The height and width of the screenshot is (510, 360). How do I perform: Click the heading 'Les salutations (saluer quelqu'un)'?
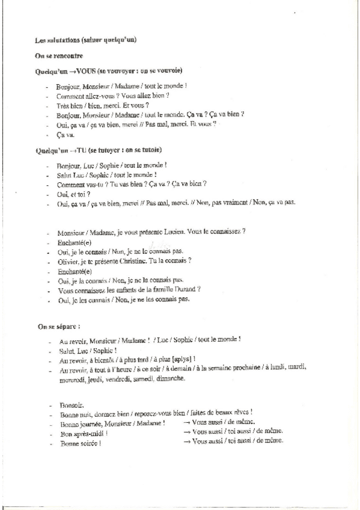[86, 40]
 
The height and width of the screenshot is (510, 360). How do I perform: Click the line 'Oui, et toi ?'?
[73, 194]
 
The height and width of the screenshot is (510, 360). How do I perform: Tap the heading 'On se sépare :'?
[59, 327]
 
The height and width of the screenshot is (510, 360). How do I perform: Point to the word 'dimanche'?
[171, 379]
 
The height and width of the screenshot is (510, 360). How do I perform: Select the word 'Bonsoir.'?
[72, 405]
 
